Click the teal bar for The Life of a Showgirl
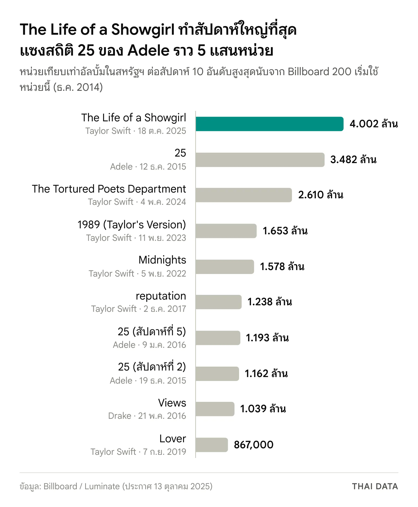(x=269, y=124)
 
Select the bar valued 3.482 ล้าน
(x=260, y=160)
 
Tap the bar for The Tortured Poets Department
(x=244, y=195)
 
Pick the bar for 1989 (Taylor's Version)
(x=226, y=231)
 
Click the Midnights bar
(x=225, y=267)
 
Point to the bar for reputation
(x=218, y=302)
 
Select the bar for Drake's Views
(x=215, y=409)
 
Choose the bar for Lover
(x=212, y=445)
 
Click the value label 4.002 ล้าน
(x=374, y=124)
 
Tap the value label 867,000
(x=254, y=445)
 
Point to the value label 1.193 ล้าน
(x=267, y=338)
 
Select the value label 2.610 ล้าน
(x=321, y=195)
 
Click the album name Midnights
(x=162, y=260)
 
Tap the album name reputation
(x=161, y=296)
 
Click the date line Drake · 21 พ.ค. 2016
(x=147, y=416)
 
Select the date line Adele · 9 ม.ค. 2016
(x=149, y=345)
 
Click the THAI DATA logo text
(x=375, y=486)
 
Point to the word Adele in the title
(x=149, y=50)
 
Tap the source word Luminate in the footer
(x=102, y=486)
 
